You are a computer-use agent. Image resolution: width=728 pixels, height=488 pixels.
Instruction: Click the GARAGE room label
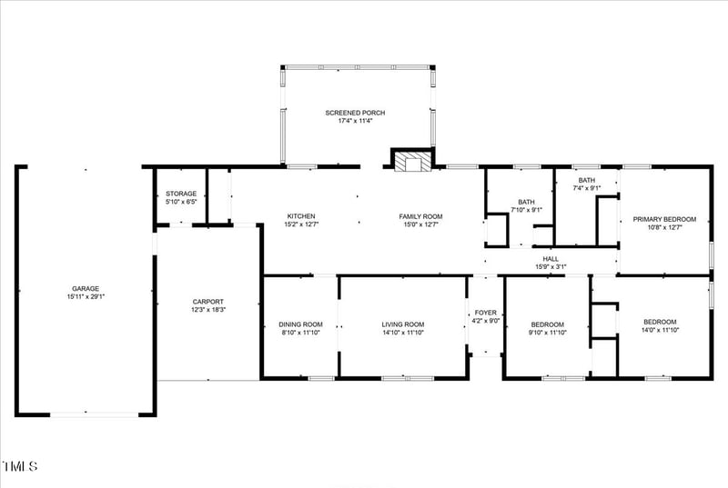[86, 288]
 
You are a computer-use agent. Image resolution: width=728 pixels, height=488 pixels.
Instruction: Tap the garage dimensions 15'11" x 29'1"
[86, 297]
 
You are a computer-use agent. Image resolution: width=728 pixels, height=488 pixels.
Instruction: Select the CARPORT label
[207, 302]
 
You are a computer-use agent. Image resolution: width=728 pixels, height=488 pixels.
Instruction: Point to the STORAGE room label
[181, 194]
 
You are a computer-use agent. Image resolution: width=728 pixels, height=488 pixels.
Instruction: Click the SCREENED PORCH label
[355, 113]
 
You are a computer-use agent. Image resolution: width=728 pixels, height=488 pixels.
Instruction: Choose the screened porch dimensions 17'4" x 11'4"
[355, 122]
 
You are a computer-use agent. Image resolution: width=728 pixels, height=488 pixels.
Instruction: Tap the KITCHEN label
[301, 216]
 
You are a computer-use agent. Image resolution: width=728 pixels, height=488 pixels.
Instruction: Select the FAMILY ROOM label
[420, 216]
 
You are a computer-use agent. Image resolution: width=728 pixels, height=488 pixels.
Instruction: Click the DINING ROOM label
[300, 324]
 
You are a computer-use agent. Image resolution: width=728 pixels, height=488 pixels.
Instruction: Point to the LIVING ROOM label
[402, 324]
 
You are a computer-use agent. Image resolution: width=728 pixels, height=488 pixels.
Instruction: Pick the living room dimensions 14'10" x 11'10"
[402, 333]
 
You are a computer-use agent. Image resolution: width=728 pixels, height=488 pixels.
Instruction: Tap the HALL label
[550, 258]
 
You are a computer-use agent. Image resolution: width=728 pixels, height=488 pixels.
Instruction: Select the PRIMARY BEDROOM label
[664, 219]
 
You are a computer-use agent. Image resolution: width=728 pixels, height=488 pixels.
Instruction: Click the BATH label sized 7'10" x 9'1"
[526, 202]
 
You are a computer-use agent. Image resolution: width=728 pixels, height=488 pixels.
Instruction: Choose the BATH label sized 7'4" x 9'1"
[586, 180]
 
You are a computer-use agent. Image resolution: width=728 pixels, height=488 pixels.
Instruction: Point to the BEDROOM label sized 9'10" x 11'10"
[547, 324]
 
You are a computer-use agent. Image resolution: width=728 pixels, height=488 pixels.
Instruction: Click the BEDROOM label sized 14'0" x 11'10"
[660, 322]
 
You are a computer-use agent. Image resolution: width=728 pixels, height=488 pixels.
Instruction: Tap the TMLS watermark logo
[20, 467]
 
